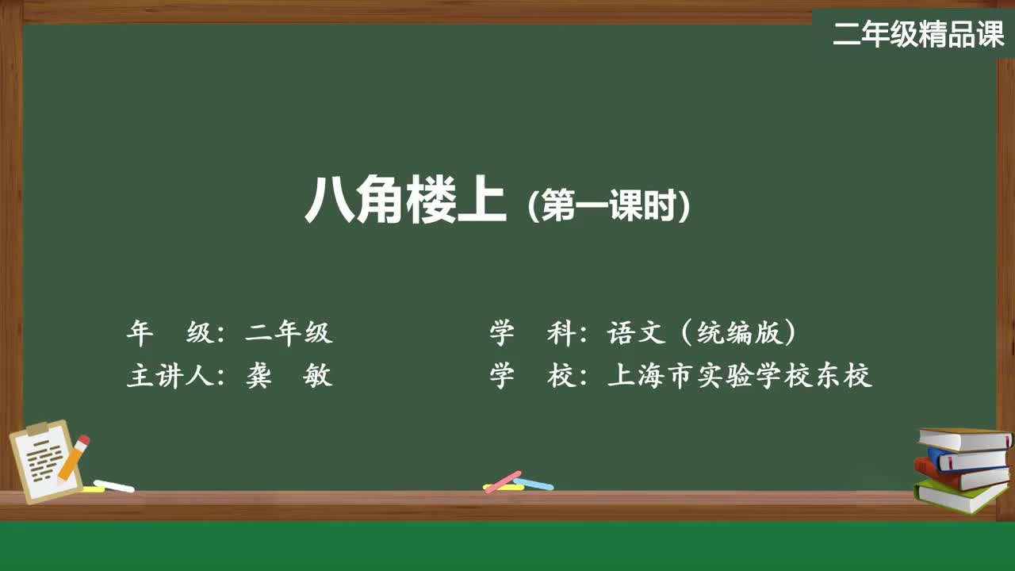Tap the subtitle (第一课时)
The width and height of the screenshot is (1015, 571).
pyautogui.click(x=609, y=207)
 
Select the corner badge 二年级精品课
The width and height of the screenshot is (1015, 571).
pyautogui.click(x=918, y=34)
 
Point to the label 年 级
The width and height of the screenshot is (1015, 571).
pyautogui.click(x=170, y=333)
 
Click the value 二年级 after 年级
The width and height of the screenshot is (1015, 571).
pyautogui.click(x=289, y=333)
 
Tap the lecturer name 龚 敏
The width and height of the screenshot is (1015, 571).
pyautogui.click(x=289, y=375)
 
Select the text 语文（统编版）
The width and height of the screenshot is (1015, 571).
pyautogui.click(x=702, y=333)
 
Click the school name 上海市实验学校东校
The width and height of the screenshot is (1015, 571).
pyautogui.click(x=739, y=375)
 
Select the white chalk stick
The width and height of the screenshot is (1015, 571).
pyautogui.click(x=114, y=485)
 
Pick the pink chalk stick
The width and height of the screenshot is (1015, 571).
pyautogui.click(x=503, y=481)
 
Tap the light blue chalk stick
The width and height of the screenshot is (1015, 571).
pyautogui.click(x=534, y=483)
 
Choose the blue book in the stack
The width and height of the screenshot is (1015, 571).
pyautogui.click(x=967, y=459)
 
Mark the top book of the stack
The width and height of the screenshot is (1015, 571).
pyautogui.click(x=963, y=439)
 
